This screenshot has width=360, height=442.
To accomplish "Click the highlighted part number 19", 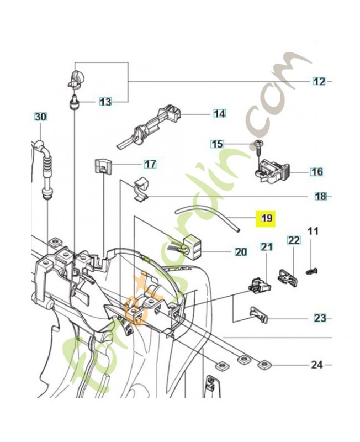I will coord(267,218).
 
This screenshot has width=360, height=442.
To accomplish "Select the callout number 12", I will coord(319,82).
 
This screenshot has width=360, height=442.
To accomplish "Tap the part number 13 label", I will coord(105,102).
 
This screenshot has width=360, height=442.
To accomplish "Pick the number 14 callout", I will coord(220,114).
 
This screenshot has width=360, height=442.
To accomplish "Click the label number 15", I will coord(218,144).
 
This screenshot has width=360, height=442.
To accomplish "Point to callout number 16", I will coord(316,172).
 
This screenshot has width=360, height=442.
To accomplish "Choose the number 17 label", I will coord(150,164).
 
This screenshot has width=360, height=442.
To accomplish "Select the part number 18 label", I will coord(320,196).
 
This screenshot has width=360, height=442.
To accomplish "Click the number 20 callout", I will coord(241,252).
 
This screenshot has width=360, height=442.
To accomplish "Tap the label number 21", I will coord(267,248).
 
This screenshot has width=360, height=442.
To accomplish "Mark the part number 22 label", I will coord(293,240).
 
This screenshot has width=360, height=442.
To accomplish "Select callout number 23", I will coord(320,318).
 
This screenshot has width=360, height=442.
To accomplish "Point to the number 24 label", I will coord(316,365).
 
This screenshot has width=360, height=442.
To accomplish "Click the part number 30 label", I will coord(41,117).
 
